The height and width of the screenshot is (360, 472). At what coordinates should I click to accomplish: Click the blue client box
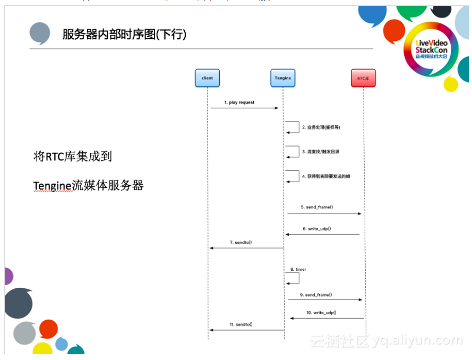tap(207, 78)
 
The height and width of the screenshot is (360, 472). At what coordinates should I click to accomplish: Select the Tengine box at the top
tap(282, 78)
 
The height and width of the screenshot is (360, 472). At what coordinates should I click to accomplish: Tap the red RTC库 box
tap(363, 78)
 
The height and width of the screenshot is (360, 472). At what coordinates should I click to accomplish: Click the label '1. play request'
tap(239, 102)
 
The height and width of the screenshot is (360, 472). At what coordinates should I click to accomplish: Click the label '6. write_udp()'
tap(317, 229)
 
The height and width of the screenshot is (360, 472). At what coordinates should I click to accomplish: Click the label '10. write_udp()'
tap(321, 313)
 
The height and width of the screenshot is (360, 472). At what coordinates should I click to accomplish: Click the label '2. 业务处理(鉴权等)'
tap(322, 127)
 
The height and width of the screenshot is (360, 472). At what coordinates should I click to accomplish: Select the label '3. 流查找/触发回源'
tap(321, 152)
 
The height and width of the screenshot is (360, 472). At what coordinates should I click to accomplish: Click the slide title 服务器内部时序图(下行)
tap(124, 35)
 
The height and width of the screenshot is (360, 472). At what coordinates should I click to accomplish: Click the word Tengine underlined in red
tap(52, 186)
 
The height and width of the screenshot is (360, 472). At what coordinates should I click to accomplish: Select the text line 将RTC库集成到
tap(73, 157)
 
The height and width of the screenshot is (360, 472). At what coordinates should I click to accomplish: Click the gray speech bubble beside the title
tap(40, 33)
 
